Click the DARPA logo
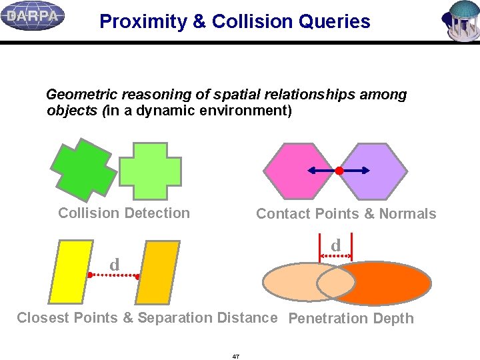(x=33, y=16)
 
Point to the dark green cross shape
(x=84, y=171)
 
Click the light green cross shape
(x=150, y=171)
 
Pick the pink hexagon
(x=297, y=171)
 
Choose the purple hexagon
(x=377, y=171)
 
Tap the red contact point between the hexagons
(x=339, y=171)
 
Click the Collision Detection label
(x=124, y=213)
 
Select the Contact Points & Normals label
(x=346, y=214)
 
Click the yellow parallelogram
(x=71, y=272)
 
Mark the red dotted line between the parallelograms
(x=114, y=275)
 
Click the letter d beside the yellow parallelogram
(x=114, y=265)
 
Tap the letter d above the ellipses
(x=336, y=246)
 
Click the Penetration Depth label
(x=351, y=319)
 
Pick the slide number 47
(x=236, y=357)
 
